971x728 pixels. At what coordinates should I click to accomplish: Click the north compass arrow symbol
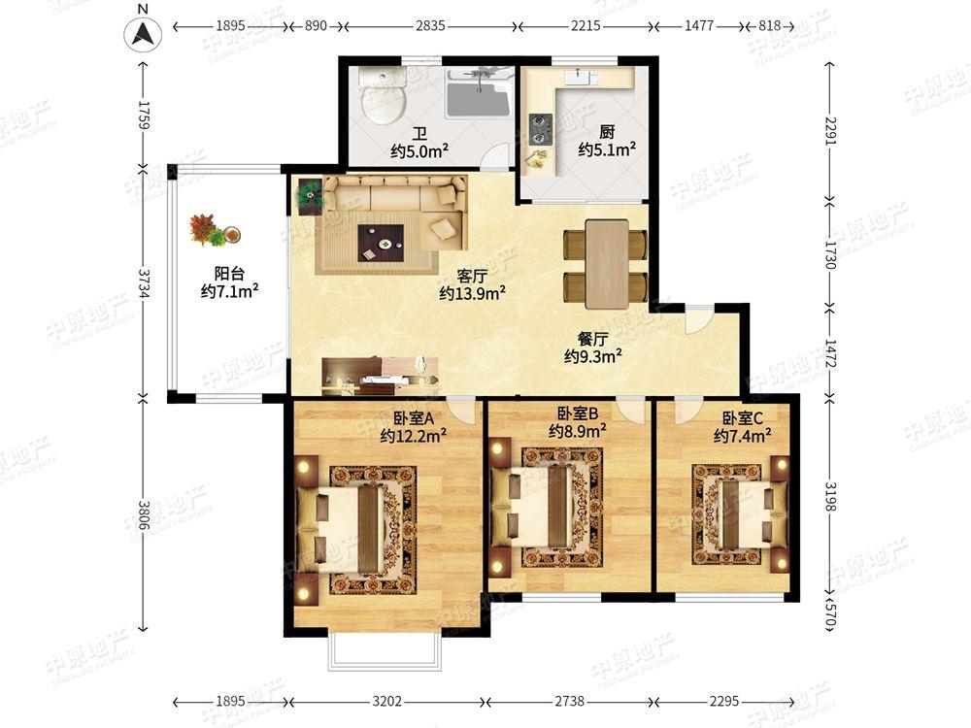(143, 34)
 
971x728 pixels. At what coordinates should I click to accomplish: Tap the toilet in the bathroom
(384, 95)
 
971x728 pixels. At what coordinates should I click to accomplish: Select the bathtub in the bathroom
(478, 94)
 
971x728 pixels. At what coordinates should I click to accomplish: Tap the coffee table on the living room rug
(381, 243)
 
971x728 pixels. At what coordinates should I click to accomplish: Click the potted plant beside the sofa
(310, 196)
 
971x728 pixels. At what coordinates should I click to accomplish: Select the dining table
(606, 263)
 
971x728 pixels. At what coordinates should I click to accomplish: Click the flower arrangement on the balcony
(215, 230)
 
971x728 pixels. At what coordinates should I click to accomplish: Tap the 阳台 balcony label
(230, 273)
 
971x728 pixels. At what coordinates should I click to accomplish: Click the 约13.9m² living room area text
(473, 293)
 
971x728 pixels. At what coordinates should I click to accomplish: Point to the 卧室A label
(413, 418)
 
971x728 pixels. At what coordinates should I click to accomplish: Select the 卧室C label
(742, 418)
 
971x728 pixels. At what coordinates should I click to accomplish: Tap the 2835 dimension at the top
(430, 26)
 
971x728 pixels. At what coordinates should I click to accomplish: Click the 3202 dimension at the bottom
(386, 702)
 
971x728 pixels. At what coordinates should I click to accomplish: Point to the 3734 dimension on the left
(144, 283)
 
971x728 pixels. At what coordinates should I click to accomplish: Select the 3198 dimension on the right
(830, 497)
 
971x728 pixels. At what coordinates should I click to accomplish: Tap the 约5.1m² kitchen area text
(607, 149)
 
